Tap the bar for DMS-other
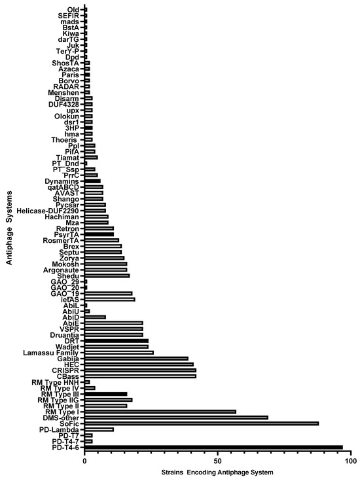tap(176, 417)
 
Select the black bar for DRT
tap(117, 341)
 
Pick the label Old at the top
tap(73, 10)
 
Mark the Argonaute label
tap(61, 270)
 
